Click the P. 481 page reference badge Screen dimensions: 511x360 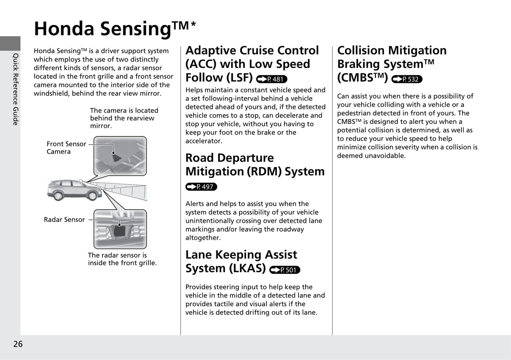point(272,79)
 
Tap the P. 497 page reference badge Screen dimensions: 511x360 point(201,187)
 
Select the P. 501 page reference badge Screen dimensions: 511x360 point(285,270)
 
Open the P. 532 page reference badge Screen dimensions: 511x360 point(407,79)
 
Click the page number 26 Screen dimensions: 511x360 point(18,344)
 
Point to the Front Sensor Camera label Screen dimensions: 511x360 point(66,148)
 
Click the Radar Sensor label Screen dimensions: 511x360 point(64,219)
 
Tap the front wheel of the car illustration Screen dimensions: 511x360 point(92,195)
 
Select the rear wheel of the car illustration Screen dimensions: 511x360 point(58,195)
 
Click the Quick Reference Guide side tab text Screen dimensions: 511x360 point(16,89)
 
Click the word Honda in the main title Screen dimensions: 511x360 point(64,29)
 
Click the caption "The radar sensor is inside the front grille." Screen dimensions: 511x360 point(122,259)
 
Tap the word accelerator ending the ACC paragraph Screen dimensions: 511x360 point(204,141)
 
